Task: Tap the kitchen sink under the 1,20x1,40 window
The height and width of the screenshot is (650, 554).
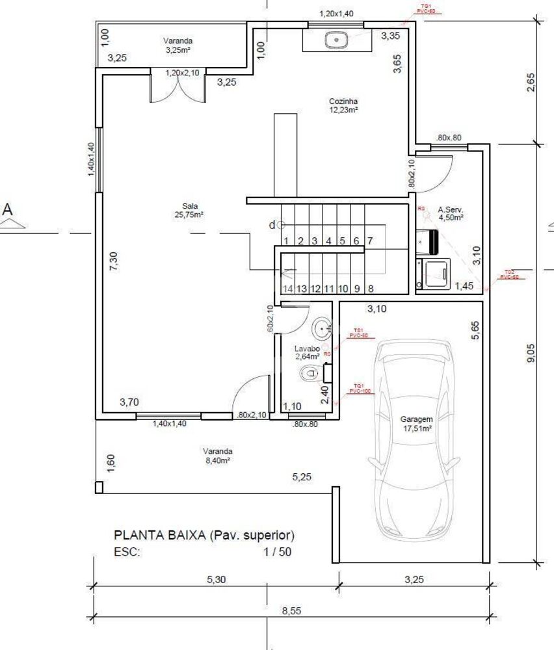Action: tap(336, 40)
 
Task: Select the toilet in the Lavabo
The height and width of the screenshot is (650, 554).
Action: tap(310, 373)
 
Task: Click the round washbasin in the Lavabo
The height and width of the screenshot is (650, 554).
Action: tap(321, 329)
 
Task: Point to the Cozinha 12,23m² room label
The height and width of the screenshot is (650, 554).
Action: tap(343, 106)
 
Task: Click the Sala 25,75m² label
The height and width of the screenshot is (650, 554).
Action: tap(189, 210)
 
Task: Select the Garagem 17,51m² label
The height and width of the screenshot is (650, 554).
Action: tap(417, 424)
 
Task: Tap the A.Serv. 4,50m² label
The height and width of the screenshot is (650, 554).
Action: tap(451, 214)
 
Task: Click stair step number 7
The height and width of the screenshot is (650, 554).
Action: tap(370, 241)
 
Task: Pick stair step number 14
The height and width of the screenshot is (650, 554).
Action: tap(287, 289)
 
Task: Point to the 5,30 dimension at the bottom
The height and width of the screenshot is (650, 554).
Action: tap(216, 580)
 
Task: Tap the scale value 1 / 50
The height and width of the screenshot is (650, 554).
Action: tap(277, 552)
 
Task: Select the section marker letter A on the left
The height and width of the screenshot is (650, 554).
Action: tap(8, 209)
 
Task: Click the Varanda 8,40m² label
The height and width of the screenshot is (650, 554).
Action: tap(217, 455)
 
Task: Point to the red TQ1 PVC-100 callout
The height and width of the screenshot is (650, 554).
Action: tap(358, 388)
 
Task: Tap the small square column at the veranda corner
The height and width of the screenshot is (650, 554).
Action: tap(99, 487)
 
